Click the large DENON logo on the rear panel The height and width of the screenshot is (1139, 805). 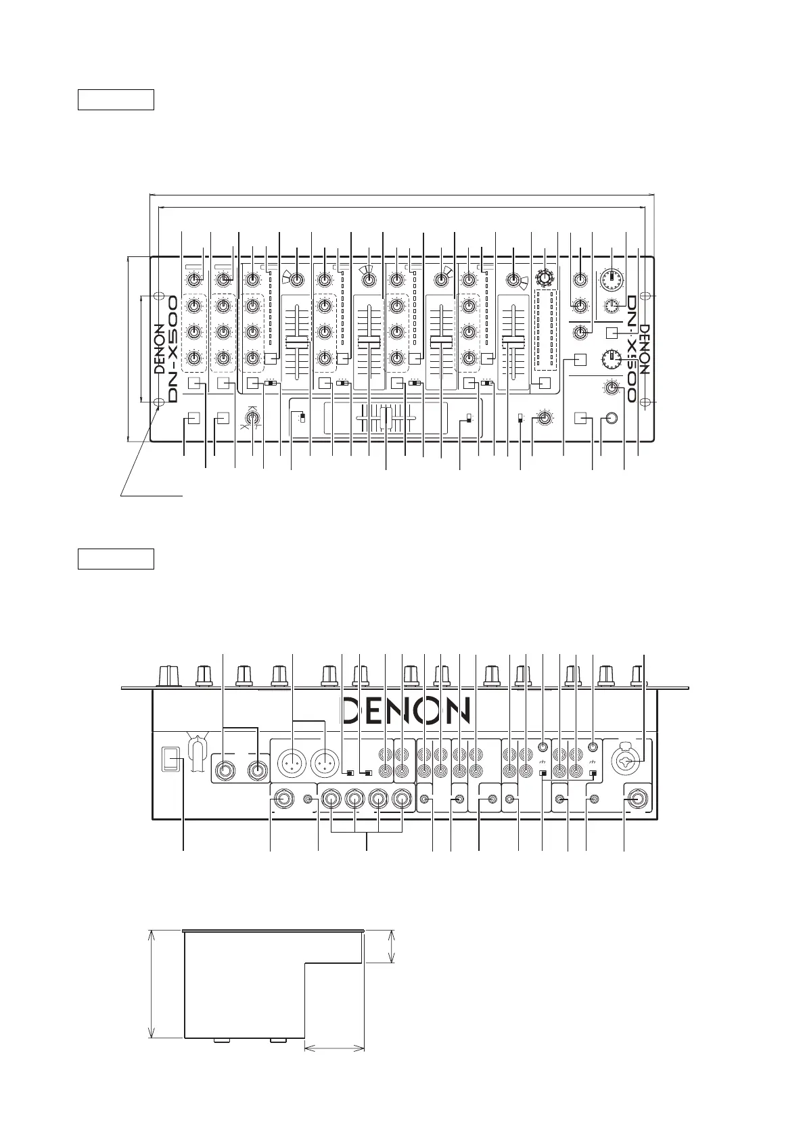point(405,711)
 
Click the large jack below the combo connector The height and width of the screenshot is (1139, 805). point(635,800)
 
